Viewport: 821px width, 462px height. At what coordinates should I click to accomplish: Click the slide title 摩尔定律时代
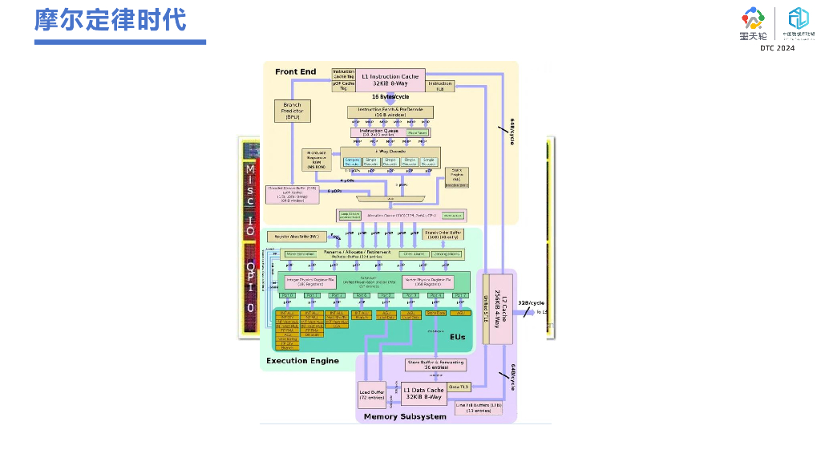[111, 20]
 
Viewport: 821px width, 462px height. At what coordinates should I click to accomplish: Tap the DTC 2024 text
[777, 48]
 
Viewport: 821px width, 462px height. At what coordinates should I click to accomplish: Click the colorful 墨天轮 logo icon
[753, 18]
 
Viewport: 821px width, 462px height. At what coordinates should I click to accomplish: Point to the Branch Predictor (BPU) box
[292, 111]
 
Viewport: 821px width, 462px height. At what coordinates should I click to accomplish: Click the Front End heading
[296, 72]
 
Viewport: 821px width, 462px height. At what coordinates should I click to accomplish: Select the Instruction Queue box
[381, 132]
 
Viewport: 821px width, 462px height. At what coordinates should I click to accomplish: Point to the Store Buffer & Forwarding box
[435, 365]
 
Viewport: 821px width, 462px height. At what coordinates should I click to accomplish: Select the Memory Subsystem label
[405, 417]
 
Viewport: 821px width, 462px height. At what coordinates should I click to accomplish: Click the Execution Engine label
[302, 361]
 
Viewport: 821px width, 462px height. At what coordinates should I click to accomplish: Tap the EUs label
[457, 337]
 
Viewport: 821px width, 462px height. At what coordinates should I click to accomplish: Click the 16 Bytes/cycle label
[390, 97]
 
